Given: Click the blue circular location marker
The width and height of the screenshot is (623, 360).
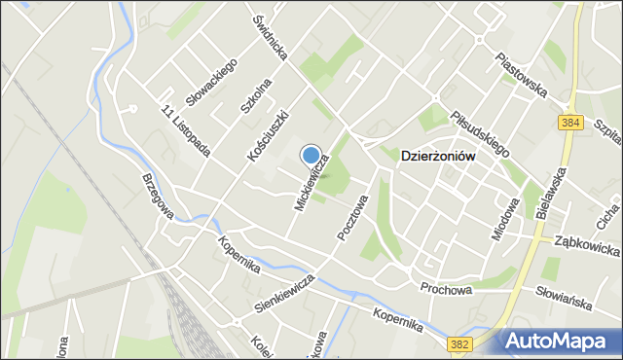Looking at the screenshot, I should pyautogui.click(x=311, y=155).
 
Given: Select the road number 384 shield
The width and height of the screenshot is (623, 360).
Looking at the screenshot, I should pyautogui.click(x=570, y=123).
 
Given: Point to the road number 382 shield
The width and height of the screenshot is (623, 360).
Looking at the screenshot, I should pyautogui.click(x=460, y=343).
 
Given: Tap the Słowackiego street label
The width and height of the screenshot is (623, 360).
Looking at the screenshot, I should pyautogui.click(x=212, y=81).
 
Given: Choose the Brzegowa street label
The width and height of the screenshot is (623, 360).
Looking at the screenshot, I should pyautogui.click(x=157, y=196).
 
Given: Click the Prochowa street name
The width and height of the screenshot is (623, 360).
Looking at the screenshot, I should pyautogui.click(x=447, y=289).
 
